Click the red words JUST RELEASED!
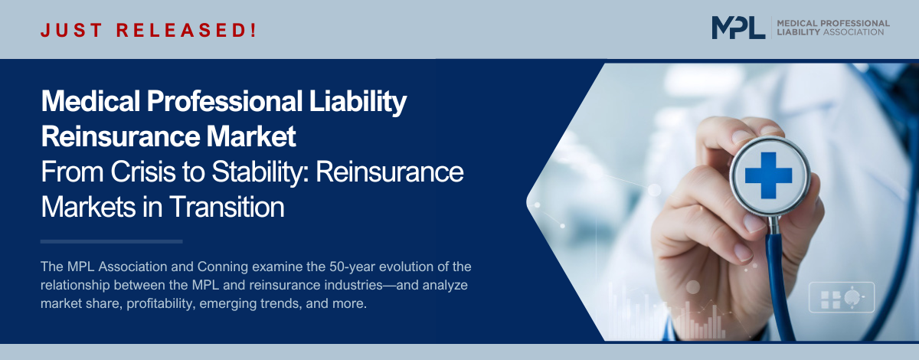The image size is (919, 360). point(149,31)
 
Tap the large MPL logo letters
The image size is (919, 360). point(738,28)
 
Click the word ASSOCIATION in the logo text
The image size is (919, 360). point(853,32)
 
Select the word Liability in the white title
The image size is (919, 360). point(358,102)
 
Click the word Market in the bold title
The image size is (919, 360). point(250,136)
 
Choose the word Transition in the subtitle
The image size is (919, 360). point(227,207)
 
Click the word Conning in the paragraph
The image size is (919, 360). point(223,267)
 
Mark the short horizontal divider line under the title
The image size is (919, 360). point(112,242)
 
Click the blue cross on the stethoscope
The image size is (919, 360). point(768,175)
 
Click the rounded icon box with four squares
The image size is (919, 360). point(842,298)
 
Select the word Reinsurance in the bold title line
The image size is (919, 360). point(121,136)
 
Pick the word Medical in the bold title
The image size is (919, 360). point(90,101)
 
